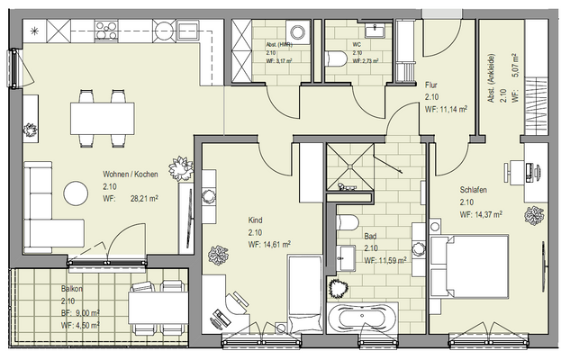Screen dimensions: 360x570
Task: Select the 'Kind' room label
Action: click(255, 220)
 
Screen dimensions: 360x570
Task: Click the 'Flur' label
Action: click(430, 85)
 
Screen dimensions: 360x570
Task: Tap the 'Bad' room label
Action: click(370, 237)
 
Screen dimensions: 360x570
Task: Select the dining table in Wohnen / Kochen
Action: click(102, 114)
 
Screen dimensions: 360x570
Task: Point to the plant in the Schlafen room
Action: click(535, 216)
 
